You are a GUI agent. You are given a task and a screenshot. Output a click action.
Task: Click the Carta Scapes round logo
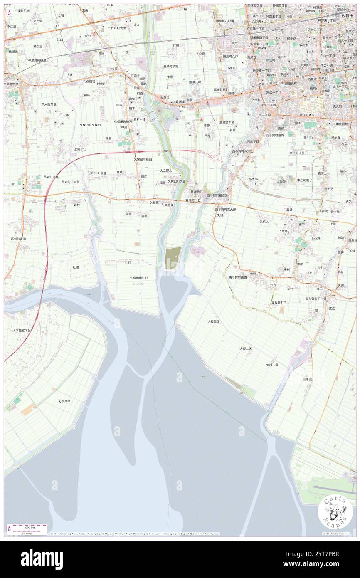pyautogui.click(x=335, y=513)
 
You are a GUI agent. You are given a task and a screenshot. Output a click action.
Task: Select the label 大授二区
pyautogui.click(x=246, y=348)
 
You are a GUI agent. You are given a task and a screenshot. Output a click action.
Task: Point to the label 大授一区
pyautogui.click(x=272, y=365)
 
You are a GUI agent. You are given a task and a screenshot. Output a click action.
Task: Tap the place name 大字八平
pyautogui.click(x=64, y=402)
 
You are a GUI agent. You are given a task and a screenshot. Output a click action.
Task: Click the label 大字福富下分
pyautogui.click(x=22, y=330)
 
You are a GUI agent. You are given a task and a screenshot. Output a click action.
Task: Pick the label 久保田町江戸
pyautogui.click(x=139, y=277)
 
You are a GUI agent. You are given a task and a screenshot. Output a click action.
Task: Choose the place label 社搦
pyautogui.click(x=76, y=267)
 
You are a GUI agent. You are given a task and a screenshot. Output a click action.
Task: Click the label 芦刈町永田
pyautogui.click(x=18, y=239)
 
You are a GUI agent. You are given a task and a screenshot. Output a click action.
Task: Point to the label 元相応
pyautogui.click(x=264, y=222)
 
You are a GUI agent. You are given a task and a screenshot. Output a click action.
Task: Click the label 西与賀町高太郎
pyautogui.click(x=225, y=210)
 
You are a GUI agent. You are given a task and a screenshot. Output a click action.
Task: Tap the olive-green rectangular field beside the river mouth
pyautogui.click(x=173, y=258)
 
